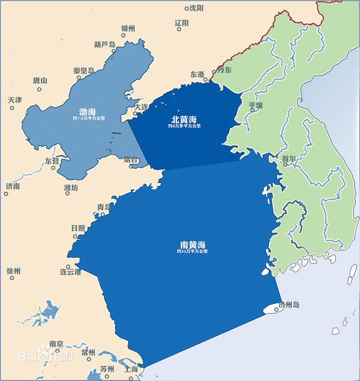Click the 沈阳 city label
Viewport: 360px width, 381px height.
tap(197, 8)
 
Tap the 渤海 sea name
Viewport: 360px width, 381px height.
tap(87, 111)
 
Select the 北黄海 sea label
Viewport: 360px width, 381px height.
tap(184, 119)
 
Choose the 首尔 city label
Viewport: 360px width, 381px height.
tap(289, 158)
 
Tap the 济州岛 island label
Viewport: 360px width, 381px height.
tap(289, 304)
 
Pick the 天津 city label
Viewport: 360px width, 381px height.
tap(15, 100)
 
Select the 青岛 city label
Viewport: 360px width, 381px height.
tap(104, 207)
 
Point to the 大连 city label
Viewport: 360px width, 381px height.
tap(141, 107)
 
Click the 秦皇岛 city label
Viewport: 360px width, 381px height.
tap(84, 70)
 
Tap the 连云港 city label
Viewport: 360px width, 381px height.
tap(70, 272)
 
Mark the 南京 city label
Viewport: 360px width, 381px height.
tap(56, 344)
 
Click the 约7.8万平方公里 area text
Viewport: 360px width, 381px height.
tap(87, 118)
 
